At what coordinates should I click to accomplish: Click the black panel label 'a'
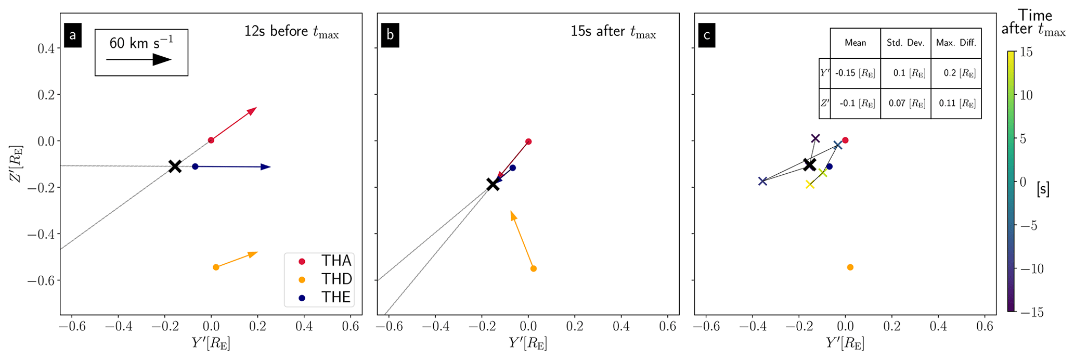tap(72, 35)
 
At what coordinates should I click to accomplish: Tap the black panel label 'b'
tap(390, 35)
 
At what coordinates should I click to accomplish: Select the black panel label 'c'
tap(707, 35)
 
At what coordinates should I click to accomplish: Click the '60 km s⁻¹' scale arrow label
tap(141, 42)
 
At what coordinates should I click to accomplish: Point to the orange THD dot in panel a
tap(216, 267)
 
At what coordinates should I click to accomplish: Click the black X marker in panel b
tap(493, 184)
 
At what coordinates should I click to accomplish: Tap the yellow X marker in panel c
tap(809, 184)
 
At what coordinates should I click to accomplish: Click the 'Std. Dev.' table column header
tap(905, 43)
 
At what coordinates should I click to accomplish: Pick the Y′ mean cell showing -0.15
tap(855, 73)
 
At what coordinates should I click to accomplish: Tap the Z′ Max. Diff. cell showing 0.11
tap(956, 104)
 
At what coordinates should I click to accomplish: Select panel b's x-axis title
tap(527, 343)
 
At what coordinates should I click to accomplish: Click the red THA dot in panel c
tap(845, 140)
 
